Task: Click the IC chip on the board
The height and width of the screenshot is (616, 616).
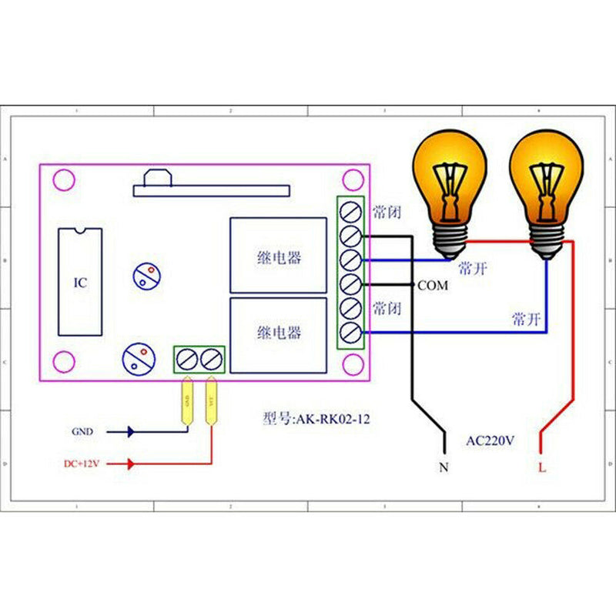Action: coord(79,282)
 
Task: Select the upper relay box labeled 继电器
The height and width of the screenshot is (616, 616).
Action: coord(278,256)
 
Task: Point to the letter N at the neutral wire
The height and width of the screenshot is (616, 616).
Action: coord(443,467)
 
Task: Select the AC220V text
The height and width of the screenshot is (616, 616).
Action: coord(490,441)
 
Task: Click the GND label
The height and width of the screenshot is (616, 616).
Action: coord(82,432)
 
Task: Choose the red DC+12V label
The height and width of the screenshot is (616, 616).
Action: coord(82,464)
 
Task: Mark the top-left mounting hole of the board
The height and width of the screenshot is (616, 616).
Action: coord(62,181)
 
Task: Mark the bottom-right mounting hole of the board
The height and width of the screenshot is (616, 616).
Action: coord(353,359)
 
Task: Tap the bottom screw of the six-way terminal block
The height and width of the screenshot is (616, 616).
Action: coord(350,333)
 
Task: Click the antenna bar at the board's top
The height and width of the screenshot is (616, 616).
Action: coord(211,189)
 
